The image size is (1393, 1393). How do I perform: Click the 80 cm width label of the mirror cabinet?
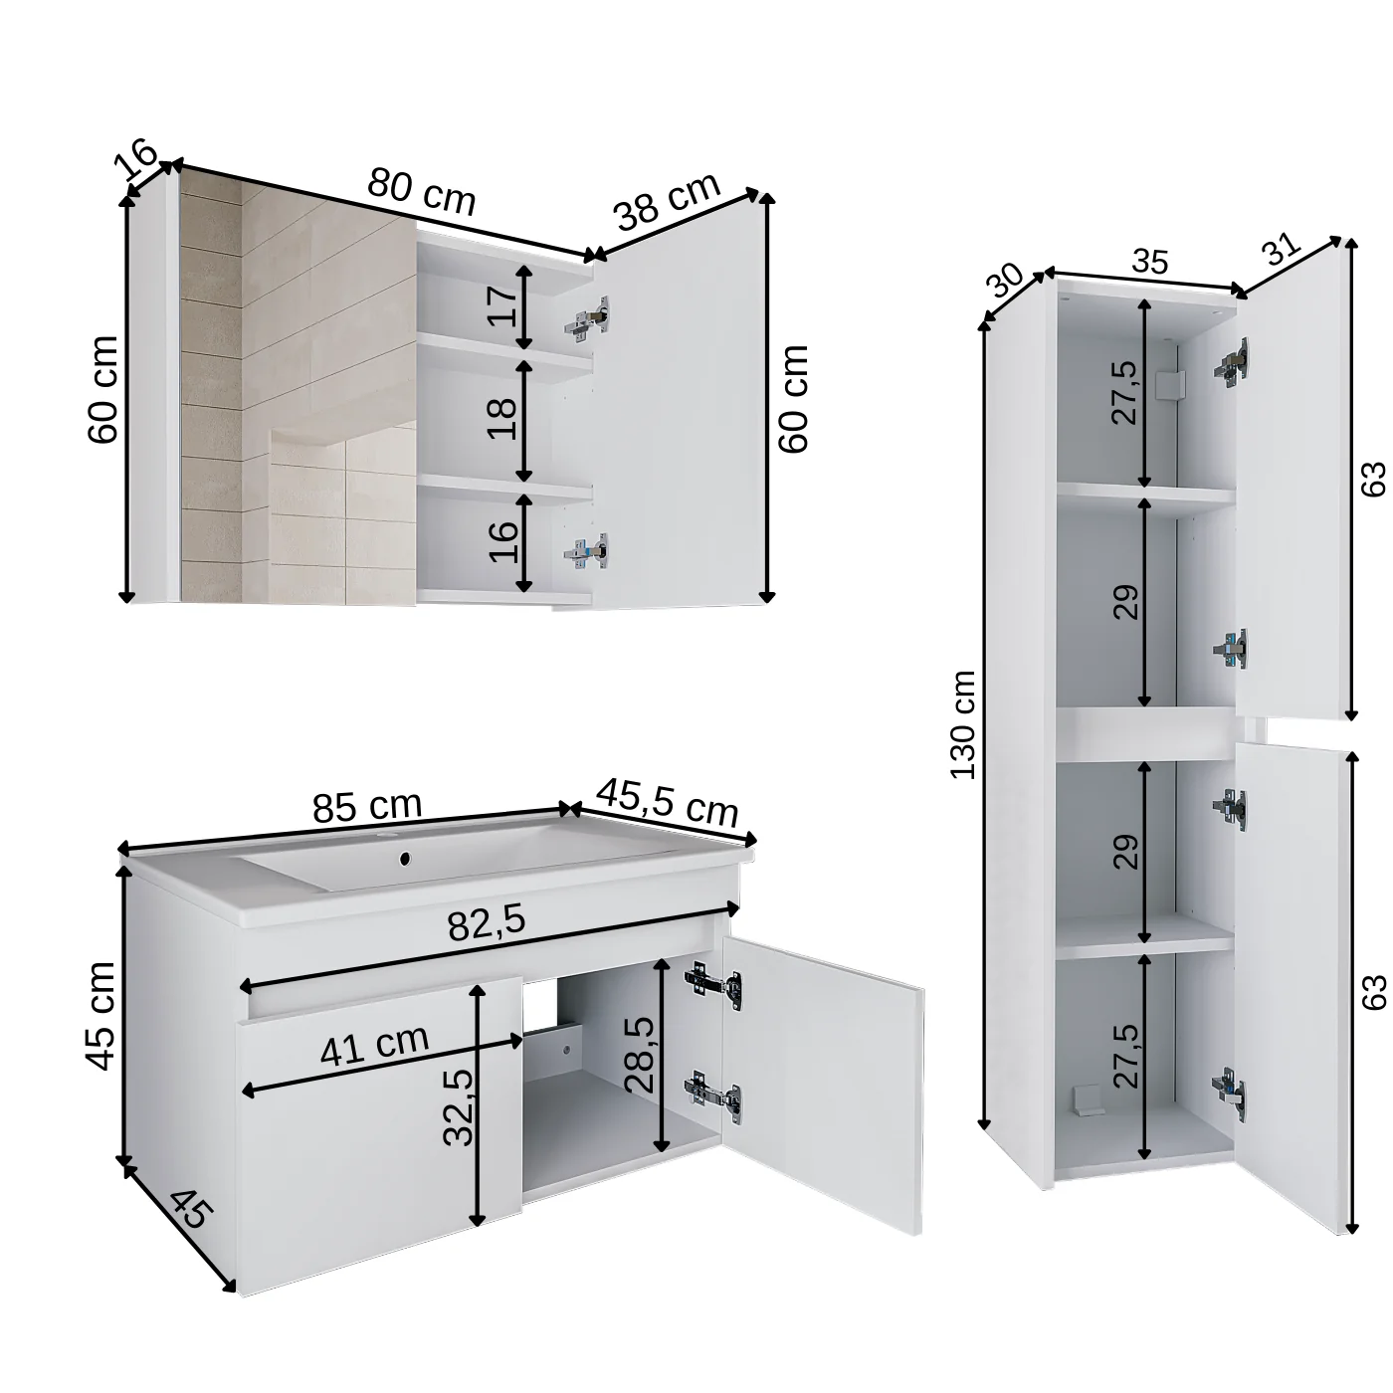(422, 191)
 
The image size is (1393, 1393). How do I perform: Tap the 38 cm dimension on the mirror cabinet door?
(666, 201)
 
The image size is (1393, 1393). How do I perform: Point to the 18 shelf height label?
(503, 419)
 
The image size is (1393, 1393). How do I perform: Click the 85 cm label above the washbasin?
(367, 806)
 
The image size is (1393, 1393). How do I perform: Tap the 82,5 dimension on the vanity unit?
(486, 923)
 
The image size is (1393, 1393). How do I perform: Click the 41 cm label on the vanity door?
(374, 1045)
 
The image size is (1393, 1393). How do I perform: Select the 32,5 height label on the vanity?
(458, 1106)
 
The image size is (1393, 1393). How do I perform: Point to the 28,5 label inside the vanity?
(642, 1055)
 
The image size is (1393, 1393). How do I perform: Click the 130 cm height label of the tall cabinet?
(963, 724)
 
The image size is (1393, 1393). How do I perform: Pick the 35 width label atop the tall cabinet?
(1149, 262)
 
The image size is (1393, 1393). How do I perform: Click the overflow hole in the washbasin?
(404, 857)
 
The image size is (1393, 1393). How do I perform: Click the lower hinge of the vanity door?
(712, 1093)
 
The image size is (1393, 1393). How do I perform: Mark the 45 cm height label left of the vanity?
(101, 1016)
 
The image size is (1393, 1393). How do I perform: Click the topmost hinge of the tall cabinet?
(1231, 362)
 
